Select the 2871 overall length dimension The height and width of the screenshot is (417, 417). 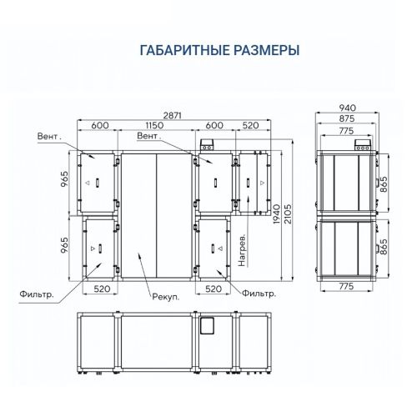pyautogui.click(x=173, y=115)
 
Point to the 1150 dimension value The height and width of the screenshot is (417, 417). pyautogui.click(x=154, y=125)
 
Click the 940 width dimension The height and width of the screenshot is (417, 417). pyautogui.click(x=348, y=108)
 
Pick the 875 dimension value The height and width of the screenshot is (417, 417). pyautogui.click(x=347, y=118)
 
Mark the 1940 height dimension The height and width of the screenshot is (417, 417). pyautogui.click(x=276, y=214)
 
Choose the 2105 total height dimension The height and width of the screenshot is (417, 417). pyautogui.click(x=288, y=214)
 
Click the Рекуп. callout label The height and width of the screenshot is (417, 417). pyautogui.click(x=166, y=297)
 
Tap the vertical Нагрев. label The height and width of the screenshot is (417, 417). pyautogui.click(x=242, y=250)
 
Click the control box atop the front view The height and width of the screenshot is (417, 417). pyautogui.click(x=207, y=145)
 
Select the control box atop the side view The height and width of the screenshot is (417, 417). pyautogui.click(x=363, y=145)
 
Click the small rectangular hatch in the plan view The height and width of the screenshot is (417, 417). pyautogui.click(x=207, y=326)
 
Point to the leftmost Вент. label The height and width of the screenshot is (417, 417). pyautogui.click(x=49, y=137)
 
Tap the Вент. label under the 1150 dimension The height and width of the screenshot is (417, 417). pyautogui.click(x=149, y=136)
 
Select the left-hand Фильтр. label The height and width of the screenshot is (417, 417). pyautogui.click(x=37, y=294)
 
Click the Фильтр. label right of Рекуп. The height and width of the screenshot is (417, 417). pyautogui.click(x=259, y=294)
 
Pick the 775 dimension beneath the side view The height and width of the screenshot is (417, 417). pyautogui.click(x=346, y=286)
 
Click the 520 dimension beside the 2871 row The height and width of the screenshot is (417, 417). pyautogui.click(x=250, y=125)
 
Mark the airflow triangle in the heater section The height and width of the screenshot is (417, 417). pyautogui.click(x=262, y=183)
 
